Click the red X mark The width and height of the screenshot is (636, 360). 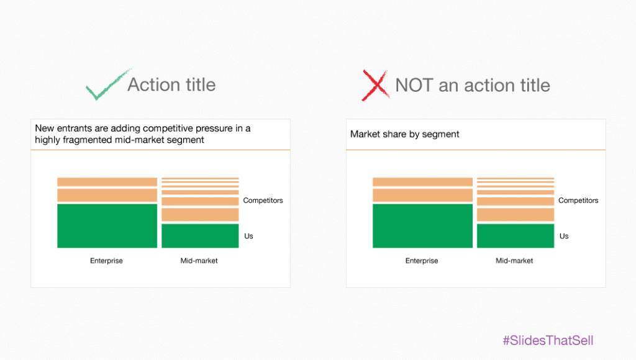(x=375, y=85)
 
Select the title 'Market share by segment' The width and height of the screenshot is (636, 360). (x=404, y=134)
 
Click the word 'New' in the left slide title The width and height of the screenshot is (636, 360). (x=44, y=128)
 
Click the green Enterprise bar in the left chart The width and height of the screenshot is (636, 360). (x=107, y=225)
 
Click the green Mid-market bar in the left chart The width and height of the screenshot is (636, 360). (x=200, y=236)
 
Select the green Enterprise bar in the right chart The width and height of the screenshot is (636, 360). (x=422, y=225)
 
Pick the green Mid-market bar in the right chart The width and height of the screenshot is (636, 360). (x=516, y=236)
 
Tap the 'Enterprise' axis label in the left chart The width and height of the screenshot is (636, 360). (x=106, y=261)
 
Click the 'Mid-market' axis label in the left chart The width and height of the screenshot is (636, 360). (x=199, y=261)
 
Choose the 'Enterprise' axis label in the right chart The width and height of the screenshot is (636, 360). (x=422, y=261)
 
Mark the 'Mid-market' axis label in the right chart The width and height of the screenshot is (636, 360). (x=514, y=261)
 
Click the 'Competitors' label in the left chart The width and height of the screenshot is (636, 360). (x=263, y=200)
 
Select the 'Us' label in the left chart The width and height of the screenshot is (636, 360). (x=248, y=236)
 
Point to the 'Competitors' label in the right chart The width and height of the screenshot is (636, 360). (x=578, y=200)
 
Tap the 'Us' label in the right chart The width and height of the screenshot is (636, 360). (x=564, y=236)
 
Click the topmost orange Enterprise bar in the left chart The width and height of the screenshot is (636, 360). (x=107, y=182)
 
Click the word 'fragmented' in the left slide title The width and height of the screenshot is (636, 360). (x=88, y=140)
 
